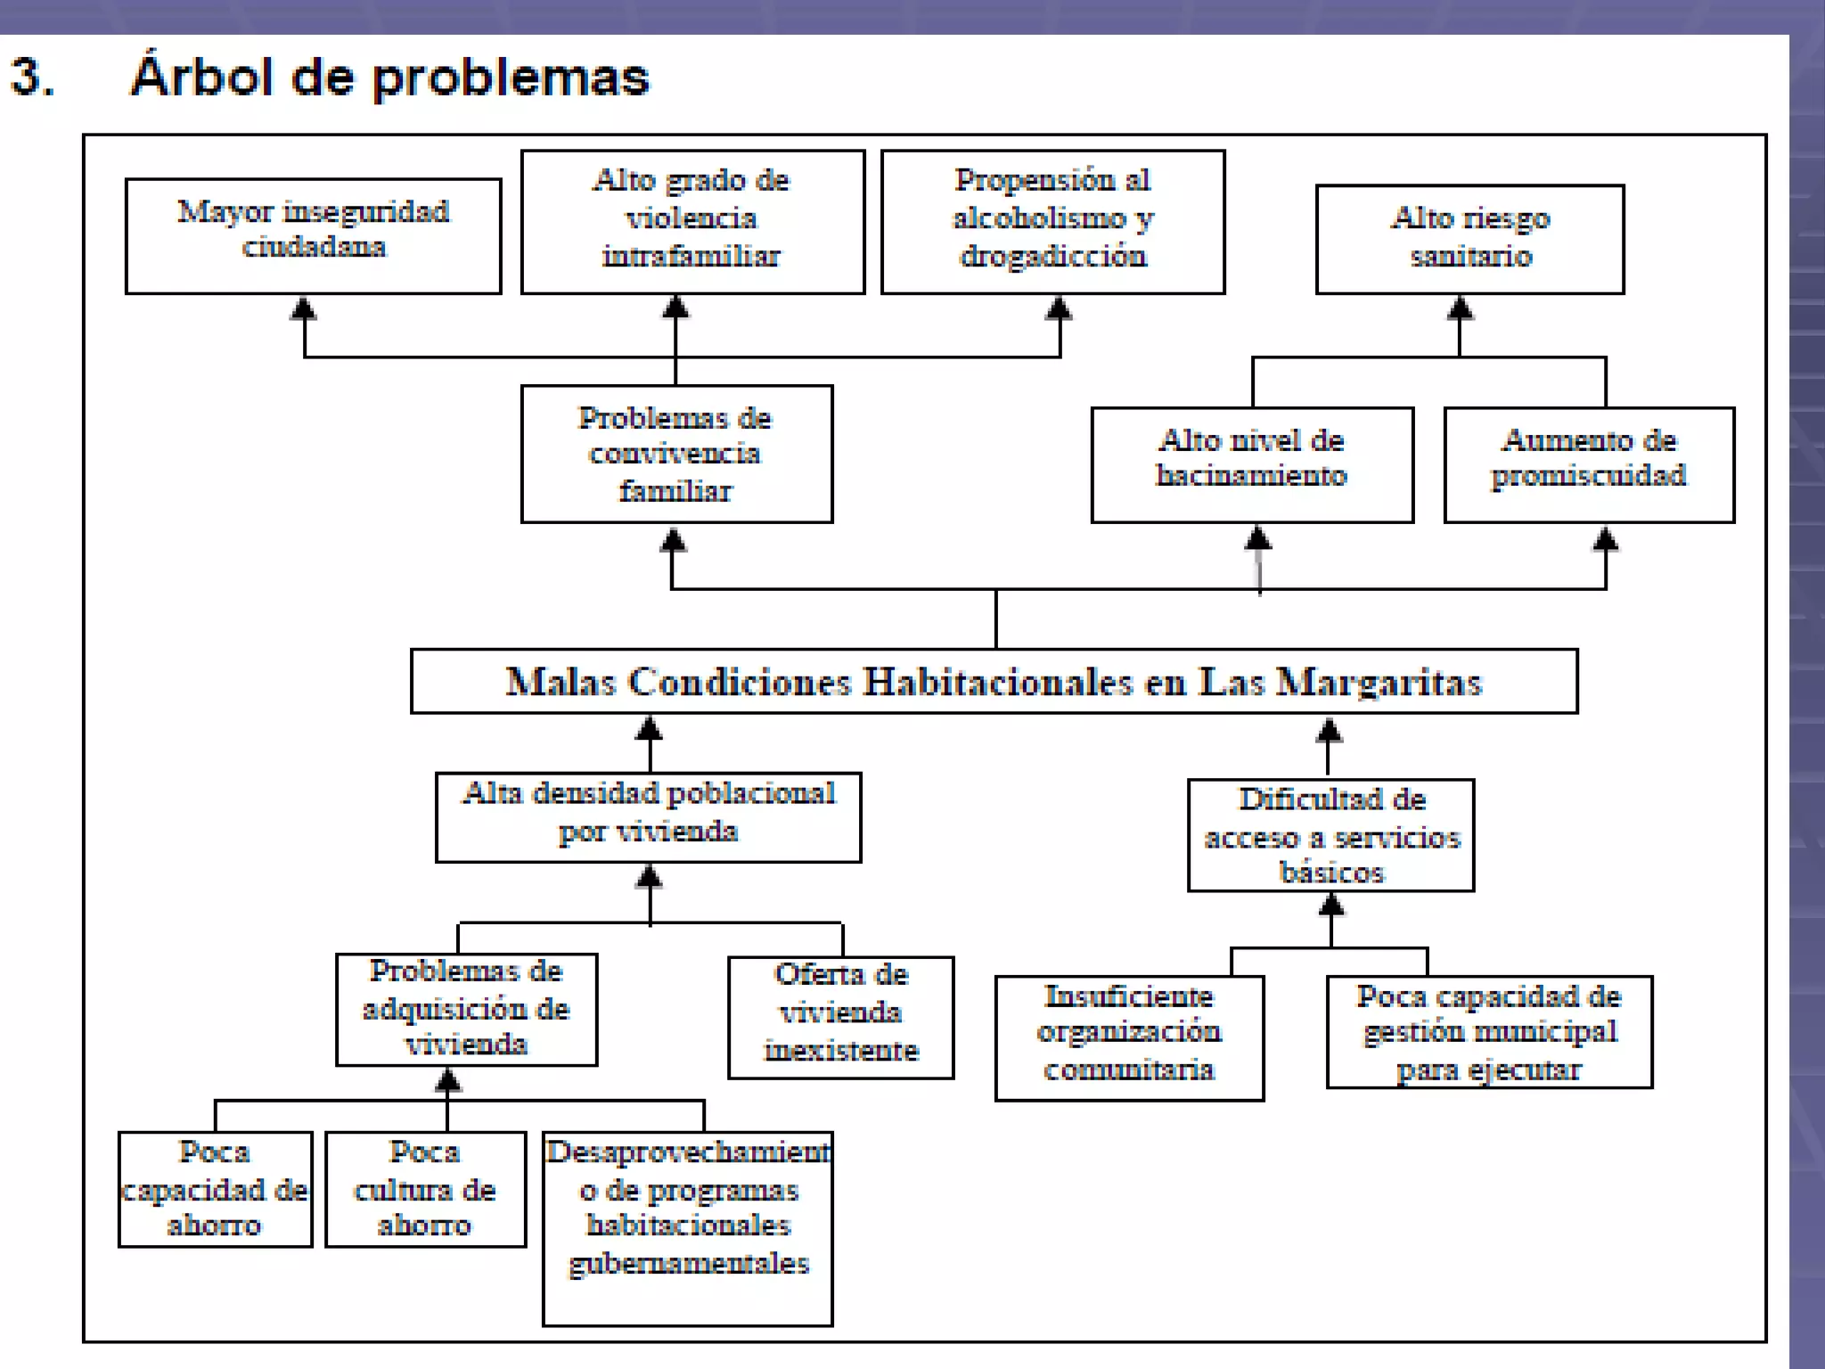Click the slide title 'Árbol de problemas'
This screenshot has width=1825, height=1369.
pos(389,77)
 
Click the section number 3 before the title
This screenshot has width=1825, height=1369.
pos(32,77)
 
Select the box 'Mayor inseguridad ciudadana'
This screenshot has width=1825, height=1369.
pos(313,236)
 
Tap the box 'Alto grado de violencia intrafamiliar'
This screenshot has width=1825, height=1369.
pos(692,221)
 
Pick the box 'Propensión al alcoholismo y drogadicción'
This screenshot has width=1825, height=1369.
pos(1052,221)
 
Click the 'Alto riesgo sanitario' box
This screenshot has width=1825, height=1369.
pos(1469,239)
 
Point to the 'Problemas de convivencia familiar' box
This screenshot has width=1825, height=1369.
pos(676,454)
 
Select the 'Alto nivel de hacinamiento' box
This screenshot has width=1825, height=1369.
pos(1251,464)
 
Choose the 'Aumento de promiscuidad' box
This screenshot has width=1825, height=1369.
pos(1589,464)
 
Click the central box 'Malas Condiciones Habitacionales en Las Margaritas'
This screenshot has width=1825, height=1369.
pos(994,681)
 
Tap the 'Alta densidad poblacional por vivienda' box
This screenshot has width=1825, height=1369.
pos(648,816)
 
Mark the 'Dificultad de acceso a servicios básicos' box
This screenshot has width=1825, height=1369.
pos(1330,835)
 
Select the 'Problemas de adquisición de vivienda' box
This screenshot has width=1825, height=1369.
pos(466,1009)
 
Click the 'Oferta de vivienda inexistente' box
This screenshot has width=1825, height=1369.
pos(840,1017)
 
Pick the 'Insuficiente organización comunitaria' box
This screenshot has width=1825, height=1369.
pos(1129,1037)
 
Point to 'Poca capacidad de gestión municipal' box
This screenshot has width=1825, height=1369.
pos(1489,1032)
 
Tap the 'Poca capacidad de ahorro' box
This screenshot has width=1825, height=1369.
pos(215,1189)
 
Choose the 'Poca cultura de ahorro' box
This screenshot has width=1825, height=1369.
pos(425,1189)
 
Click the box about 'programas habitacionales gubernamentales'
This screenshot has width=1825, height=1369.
pos(687,1228)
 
